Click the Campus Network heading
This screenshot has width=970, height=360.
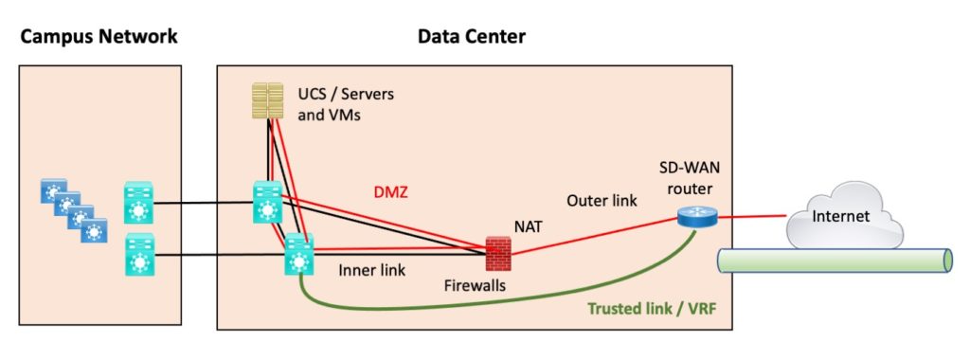(x=99, y=37)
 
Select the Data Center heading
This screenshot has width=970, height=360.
(x=471, y=37)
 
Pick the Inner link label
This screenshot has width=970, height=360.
(x=371, y=270)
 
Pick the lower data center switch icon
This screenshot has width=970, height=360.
(x=298, y=255)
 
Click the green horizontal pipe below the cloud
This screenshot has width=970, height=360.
(x=834, y=261)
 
